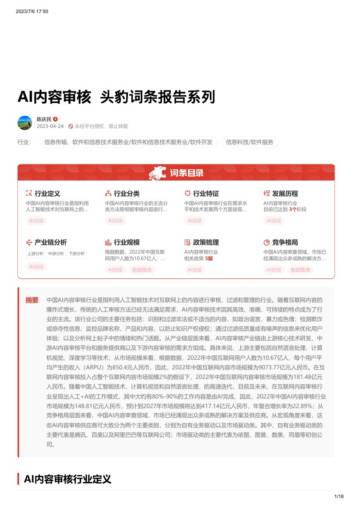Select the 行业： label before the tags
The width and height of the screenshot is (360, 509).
pyautogui.click(x=24, y=142)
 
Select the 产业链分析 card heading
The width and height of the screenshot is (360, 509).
pyautogui.click(x=51, y=241)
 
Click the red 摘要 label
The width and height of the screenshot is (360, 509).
pyautogui.click(x=32, y=299)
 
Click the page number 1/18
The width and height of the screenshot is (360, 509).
pyautogui.click(x=339, y=495)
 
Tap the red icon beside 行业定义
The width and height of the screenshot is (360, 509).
pyautogui.click(x=28, y=193)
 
